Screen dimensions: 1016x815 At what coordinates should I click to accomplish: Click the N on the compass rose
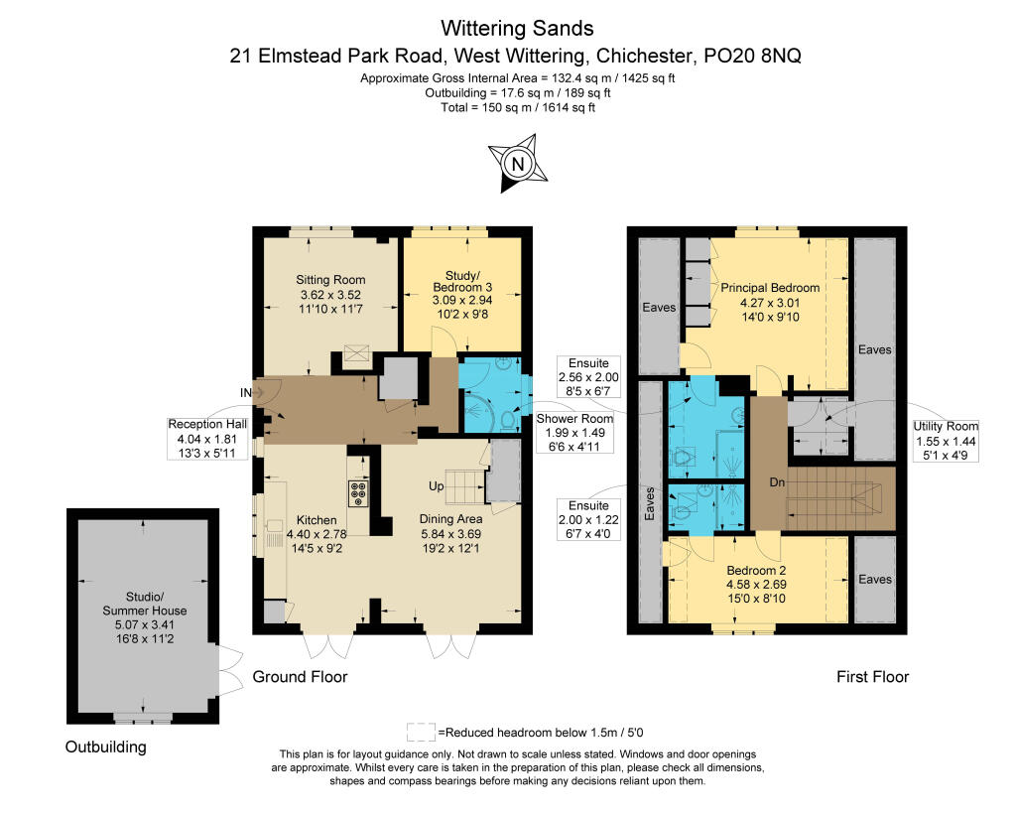coord(518,164)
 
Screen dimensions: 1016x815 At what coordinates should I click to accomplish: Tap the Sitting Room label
coord(330,295)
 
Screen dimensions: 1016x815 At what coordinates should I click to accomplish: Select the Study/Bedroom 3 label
coord(462,295)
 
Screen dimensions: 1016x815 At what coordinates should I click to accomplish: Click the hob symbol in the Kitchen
coord(358,492)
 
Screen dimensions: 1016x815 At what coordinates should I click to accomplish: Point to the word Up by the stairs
coord(437,486)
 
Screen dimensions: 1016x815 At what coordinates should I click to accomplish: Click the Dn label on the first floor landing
coord(777,482)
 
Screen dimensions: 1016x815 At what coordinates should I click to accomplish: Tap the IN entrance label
coord(246,393)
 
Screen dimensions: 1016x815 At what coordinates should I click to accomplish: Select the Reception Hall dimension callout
coord(207,439)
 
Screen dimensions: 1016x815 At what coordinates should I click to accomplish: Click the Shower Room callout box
coord(574,433)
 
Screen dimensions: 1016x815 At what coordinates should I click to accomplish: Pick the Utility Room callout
coord(946,440)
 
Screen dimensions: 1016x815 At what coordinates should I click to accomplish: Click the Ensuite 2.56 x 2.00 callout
coord(588,376)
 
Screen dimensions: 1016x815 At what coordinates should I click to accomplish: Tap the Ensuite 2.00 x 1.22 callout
coord(588,519)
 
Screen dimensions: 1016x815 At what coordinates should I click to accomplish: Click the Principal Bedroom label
coord(770,302)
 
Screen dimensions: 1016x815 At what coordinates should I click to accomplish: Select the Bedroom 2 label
coord(756,584)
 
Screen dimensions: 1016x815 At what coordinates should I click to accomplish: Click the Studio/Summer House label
coord(145,617)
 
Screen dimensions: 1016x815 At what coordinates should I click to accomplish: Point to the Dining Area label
coord(451,534)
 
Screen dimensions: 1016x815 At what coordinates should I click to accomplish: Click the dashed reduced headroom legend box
coord(421,732)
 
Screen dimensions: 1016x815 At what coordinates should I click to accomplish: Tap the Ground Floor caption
coord(300,677)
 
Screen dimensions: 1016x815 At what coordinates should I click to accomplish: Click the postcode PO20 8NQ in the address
coord(752,56)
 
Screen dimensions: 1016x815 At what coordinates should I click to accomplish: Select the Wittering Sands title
coord(517,29)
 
